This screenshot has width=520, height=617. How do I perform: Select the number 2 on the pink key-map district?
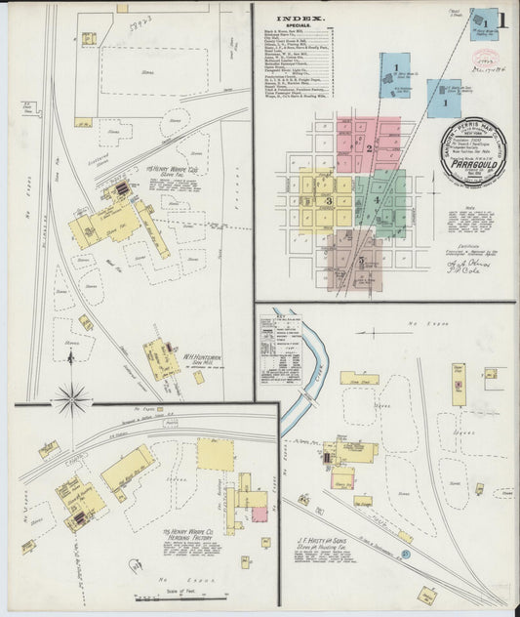pyautogui.click(x=369, y=148)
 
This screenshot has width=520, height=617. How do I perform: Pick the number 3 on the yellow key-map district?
pyautogui.click(x=330, y=201)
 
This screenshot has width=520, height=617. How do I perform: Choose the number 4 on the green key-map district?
pyautogui.click(x=375, y=201)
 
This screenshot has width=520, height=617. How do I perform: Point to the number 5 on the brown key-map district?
pyautogui.click(x=361, y=261)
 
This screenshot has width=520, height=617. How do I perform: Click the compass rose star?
pyautogui.click(x=72, y=397)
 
